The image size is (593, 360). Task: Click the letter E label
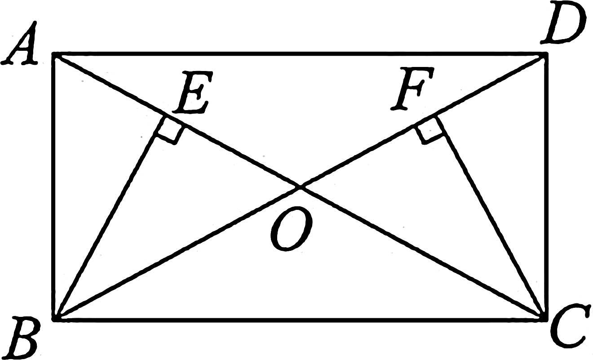coord(192,94)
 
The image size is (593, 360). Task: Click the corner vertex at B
coord(54,319)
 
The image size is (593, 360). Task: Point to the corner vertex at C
coord(546,319)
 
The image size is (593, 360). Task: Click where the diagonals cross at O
coord(300,187)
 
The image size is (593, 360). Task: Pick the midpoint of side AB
coord(54,187)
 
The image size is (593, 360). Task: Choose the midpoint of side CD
coord(546,187)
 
